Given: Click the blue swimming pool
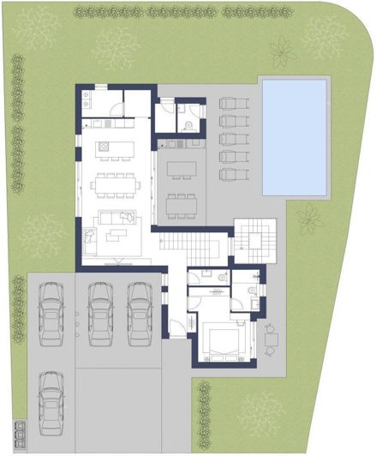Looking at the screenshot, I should (295, 136).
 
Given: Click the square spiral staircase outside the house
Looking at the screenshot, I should (254, 235).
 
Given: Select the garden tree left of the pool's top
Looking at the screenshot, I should (282, 52).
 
